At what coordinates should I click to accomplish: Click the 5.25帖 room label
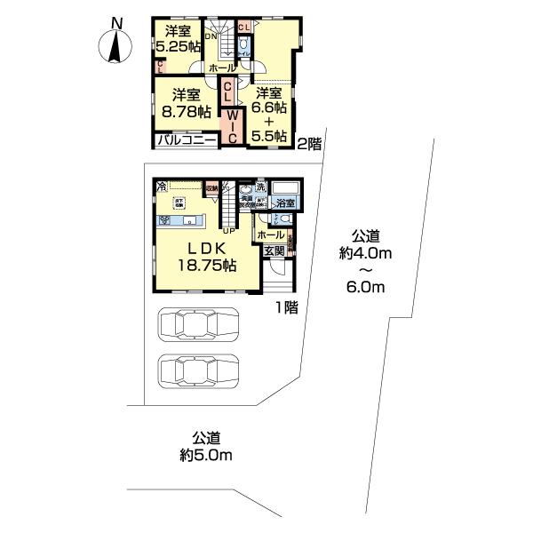pyautogui.click(x=177, y=40)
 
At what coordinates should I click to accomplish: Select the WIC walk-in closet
pyautogui.click(x=231, y=124)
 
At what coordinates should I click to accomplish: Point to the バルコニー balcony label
pyautogui.click(x=187, y=140)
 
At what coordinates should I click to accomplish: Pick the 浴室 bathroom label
pyautogui.click(x=284, y=203)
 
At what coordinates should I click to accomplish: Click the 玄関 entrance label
pyautogui.click(x=274, y=251)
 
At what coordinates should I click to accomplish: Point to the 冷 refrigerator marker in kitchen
pyautogui.click(x=162, y=187)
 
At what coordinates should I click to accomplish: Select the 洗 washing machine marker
pyautogui.click(x=261, y=188)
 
